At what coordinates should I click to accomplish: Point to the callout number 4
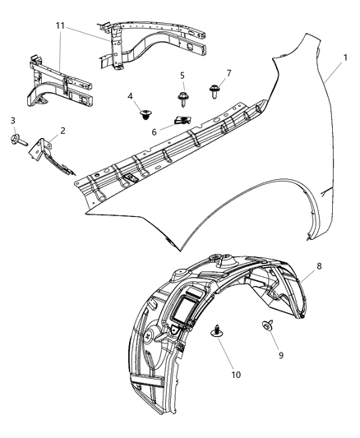coord(131,96)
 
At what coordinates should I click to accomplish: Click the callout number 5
coord(182,76)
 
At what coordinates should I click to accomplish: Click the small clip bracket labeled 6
coord(182,122)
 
